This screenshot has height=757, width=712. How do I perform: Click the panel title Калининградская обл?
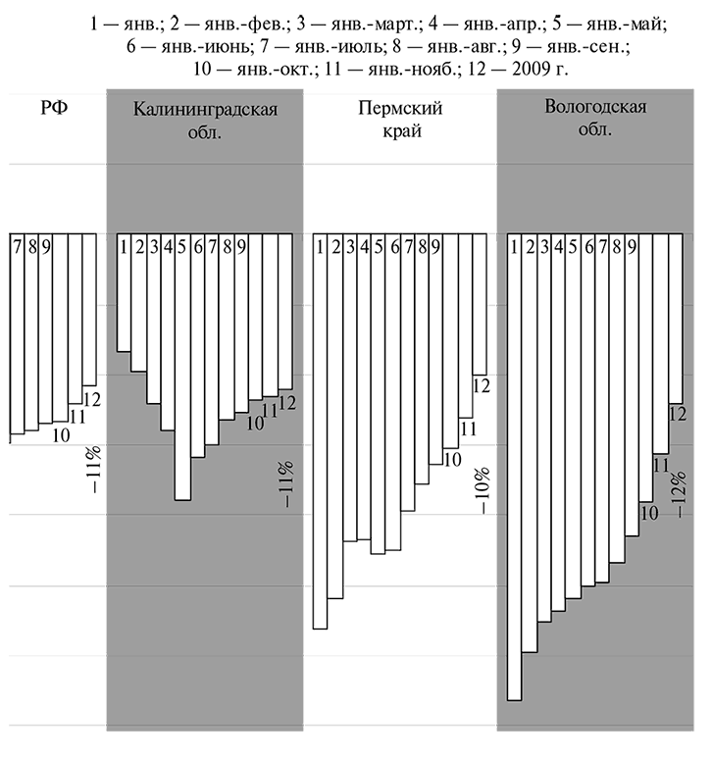[x=205, y=121]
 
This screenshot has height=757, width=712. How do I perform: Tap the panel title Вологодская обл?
[x=595, y=120]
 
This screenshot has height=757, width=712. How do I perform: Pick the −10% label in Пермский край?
[x=483, y=490]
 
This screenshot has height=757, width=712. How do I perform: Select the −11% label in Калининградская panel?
[x=286, y=484]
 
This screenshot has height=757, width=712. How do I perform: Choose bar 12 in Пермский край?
[x=481, y=304]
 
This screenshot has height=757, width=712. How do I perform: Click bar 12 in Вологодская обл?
[x=676, y=318]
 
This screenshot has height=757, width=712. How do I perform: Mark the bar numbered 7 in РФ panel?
[x=18, y=333]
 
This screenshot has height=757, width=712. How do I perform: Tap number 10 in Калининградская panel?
[x=255, y=424]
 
